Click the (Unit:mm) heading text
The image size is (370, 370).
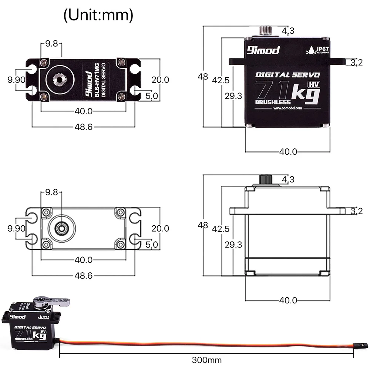pos(98,15)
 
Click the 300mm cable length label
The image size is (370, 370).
pos(207,359)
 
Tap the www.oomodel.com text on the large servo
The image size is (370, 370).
pos(288,108)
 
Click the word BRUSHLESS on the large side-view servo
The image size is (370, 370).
pos(273,102)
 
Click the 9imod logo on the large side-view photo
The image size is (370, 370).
pos(263,50)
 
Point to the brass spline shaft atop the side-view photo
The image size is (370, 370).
pos(266,30)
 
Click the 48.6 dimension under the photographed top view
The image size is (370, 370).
pos(84,127)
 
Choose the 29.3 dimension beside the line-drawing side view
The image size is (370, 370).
pos(233,244)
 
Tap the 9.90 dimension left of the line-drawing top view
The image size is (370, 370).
pos(16,228)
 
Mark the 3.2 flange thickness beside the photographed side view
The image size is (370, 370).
pos(356,63)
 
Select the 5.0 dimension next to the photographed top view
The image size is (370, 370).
pos(152,96)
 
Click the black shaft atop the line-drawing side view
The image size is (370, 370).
pos(266,179)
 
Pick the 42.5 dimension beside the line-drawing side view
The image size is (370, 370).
pos(221,229)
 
